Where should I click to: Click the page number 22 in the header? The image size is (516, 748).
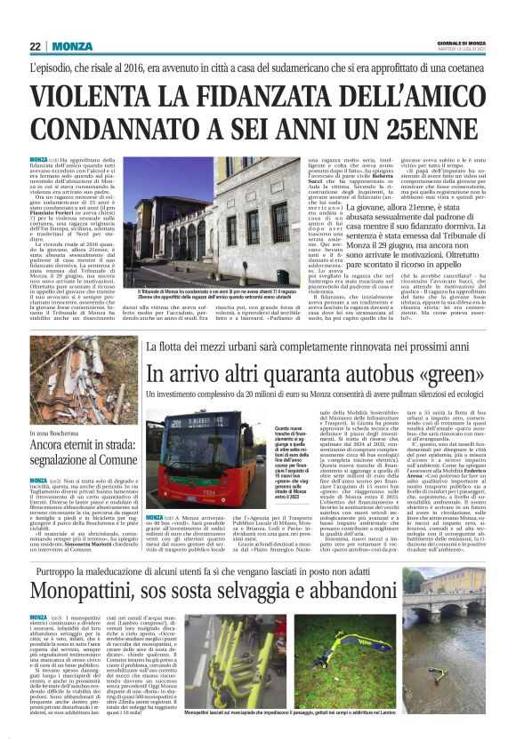(35, 47)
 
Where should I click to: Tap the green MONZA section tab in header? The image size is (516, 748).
(71, 47)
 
